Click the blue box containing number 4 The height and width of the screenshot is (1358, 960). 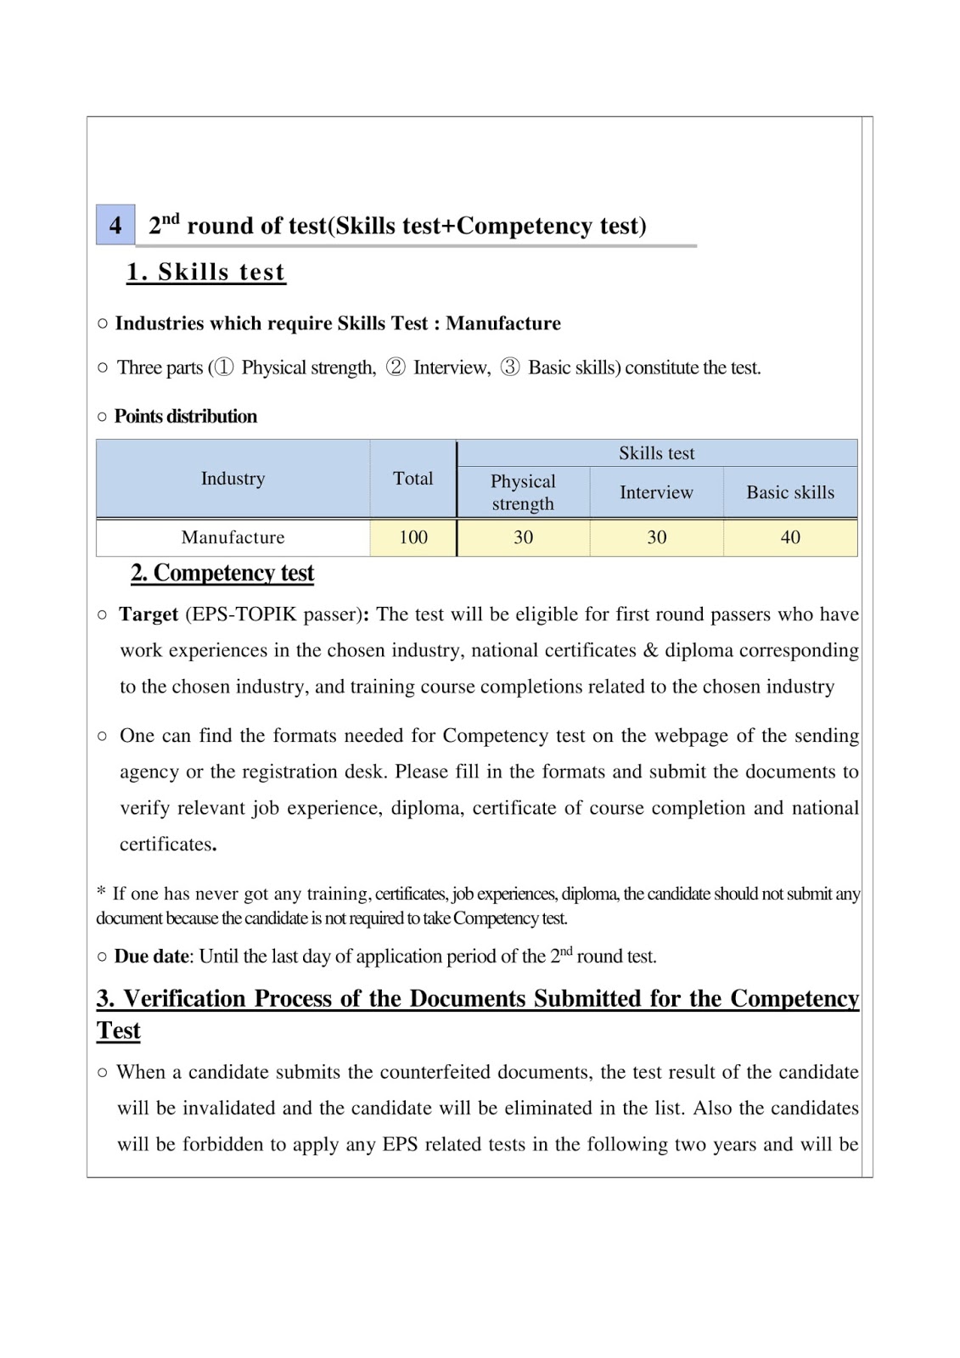115,225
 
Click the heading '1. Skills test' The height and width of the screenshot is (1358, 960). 205,272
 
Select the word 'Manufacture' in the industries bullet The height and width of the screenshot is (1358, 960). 503,323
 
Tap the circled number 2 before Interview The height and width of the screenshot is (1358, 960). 396,368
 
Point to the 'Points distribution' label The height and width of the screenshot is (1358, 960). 185,417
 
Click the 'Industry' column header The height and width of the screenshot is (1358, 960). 233,479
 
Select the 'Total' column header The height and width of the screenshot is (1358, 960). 413,479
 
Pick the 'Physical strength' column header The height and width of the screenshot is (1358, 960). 523,492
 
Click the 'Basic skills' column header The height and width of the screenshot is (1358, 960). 789,492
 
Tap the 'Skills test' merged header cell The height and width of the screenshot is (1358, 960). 656,453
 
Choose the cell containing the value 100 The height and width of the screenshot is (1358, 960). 413,537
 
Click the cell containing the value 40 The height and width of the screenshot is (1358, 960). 789,537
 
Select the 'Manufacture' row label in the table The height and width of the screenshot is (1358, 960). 233,537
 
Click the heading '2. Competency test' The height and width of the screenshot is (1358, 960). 222,573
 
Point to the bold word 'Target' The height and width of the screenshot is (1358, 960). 149,614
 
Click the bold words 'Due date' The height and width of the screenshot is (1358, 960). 152,957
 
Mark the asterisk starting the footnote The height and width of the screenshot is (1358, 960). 101,891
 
